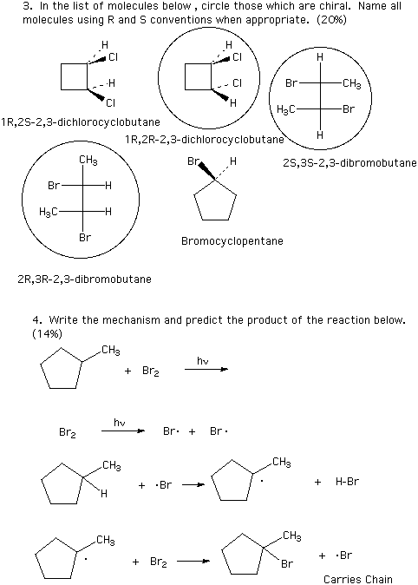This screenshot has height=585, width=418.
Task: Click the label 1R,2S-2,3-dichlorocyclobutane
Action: point(81,122)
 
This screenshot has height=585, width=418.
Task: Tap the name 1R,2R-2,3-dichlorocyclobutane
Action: point(205,140)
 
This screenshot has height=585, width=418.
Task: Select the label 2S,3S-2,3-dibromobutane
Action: point(349,162)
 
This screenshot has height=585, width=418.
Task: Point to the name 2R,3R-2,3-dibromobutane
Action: point(84,279)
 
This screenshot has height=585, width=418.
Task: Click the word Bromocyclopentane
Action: point(232,241)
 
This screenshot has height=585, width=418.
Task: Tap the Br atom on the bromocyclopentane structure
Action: point(193,161)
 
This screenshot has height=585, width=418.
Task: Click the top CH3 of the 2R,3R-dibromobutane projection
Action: point(88,161)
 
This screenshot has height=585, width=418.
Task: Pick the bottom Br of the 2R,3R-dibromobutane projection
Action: point(85,237)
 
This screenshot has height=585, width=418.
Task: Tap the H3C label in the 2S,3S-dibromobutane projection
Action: point(286,109)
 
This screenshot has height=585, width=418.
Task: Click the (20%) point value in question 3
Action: point(331,19)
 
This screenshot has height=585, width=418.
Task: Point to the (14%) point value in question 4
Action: point(48,333)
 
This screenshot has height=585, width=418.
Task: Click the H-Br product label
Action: point(347,482)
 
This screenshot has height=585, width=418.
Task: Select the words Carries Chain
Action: point(358,579)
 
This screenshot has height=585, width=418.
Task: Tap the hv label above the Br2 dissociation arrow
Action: point(120,422)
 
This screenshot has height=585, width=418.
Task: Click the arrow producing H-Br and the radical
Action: point(193,485)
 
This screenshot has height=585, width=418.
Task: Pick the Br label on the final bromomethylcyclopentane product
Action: point(287,563)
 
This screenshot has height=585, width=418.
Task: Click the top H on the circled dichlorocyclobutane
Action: point(229,45)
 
